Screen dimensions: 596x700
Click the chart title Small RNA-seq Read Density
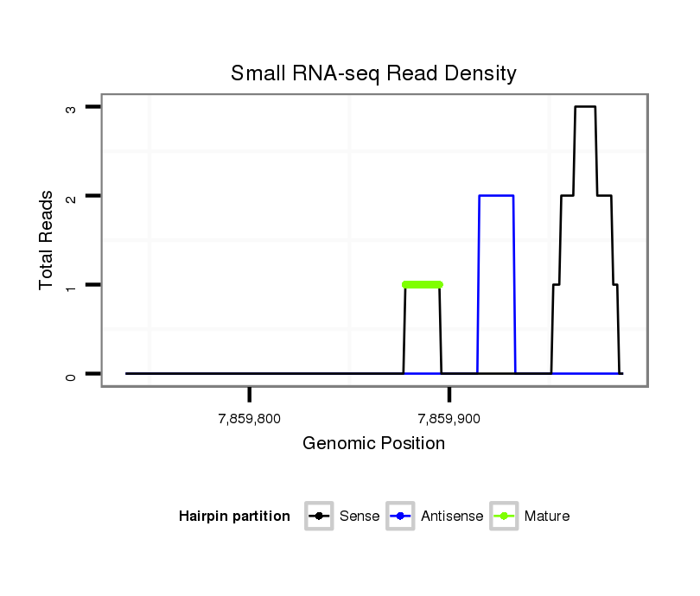(x=373, y=73)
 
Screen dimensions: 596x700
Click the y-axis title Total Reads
(x=48, y=240)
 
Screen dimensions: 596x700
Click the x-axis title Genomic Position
(x=373, y=444)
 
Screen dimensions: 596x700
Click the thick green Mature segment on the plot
(x=423, y=284)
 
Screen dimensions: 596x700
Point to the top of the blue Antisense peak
(x=496, y=196)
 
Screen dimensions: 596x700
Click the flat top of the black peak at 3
(x=585, y=107)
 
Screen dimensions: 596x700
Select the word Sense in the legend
(x=360, y=517)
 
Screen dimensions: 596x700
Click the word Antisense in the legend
(x=452, y=517)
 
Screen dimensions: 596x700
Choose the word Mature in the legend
(x=547, y=517)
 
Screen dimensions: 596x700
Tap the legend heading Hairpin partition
(x=234, y=517)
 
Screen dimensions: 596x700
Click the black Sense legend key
(x=319, y=517)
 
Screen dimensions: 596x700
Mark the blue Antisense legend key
(x=401, y=517)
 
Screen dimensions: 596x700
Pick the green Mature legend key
(x=504, y=517)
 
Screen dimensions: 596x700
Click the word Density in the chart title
(x=483, y=73)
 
